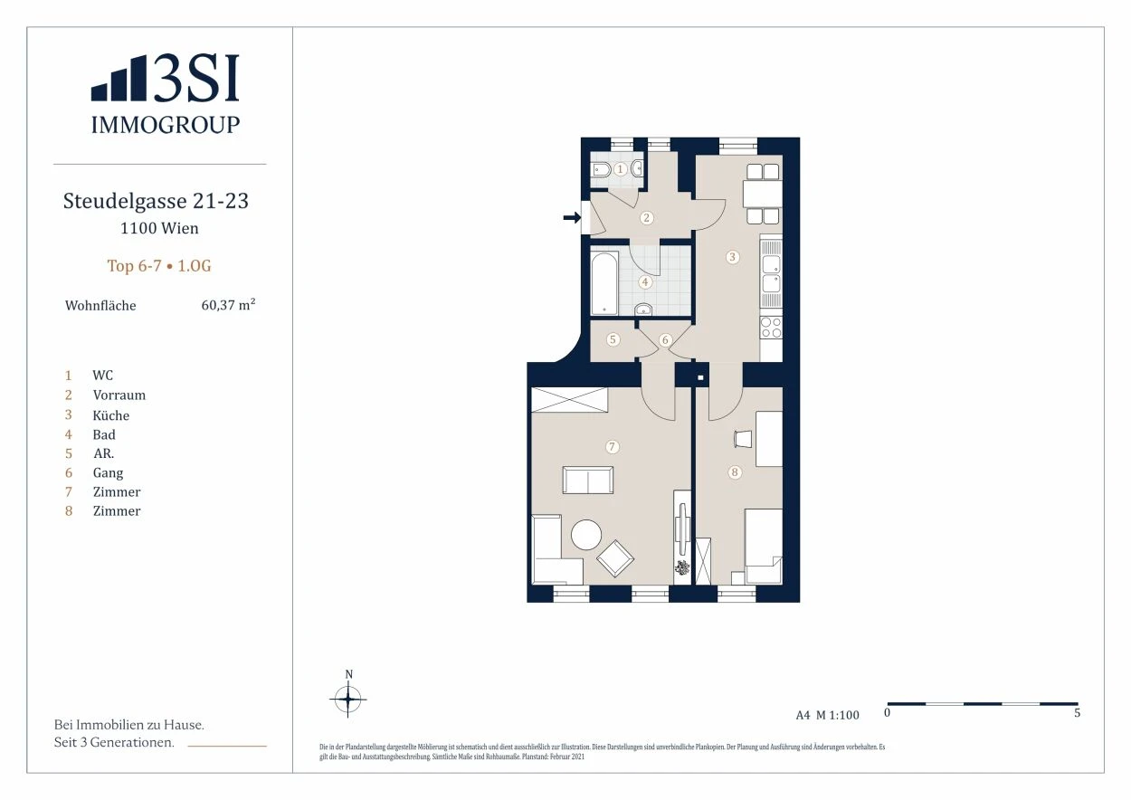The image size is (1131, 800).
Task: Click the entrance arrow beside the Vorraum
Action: [572, 218]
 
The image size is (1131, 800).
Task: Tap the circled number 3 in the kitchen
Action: [733, 257]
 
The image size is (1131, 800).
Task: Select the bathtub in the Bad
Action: [604, 283]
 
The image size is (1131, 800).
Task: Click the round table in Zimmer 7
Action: [586, 535]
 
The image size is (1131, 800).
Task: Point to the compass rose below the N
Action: [347, 700]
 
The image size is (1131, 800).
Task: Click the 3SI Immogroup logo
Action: [165, 94]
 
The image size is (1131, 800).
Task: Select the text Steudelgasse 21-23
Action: [156, 201]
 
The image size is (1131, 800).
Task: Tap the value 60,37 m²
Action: [228, 305]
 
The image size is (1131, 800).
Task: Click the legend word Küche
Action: [111, 415]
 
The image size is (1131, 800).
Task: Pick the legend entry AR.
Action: [103, 453]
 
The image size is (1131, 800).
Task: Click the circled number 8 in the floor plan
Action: [735, 472]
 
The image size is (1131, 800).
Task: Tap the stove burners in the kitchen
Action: [771, 328]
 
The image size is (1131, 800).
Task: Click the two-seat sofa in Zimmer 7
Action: [588, 480]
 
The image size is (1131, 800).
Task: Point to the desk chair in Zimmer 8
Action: [743, 438]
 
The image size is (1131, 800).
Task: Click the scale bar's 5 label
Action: [1077, 712]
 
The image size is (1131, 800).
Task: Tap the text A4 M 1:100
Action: [827, 715]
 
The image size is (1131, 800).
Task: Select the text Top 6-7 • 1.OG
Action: [159, 266]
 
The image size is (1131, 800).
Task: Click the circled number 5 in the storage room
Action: [613, 338]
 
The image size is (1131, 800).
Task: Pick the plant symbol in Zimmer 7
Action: [682, 567]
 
